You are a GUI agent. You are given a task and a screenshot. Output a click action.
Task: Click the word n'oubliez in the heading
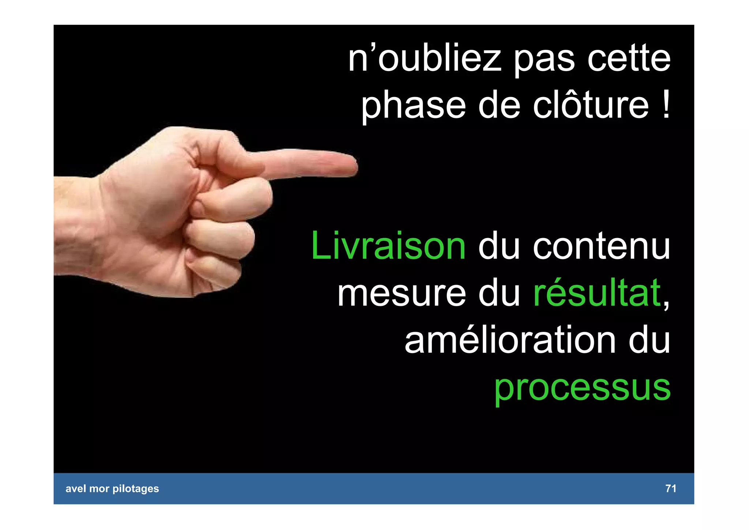pyautogui.click(x=424, y=59)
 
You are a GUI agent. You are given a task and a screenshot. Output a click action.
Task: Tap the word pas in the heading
pyautogui.click(x=545, y=60)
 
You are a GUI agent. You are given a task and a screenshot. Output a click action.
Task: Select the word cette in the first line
pyautogui.click(x=629, y=59)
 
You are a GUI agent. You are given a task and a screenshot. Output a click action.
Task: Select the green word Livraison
pyautogui.click(x=388, y=246)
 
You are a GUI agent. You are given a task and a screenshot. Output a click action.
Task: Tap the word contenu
pyautogui.click(x=601, y=247)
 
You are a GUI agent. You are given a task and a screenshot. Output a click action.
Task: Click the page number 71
pyautogui.click(x=670, y=488)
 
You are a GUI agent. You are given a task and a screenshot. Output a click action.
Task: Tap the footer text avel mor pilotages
pyautogui.click(x=112, y=489)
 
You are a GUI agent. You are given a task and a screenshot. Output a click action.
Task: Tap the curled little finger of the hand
pyautogui.click(x=216, y=273)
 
